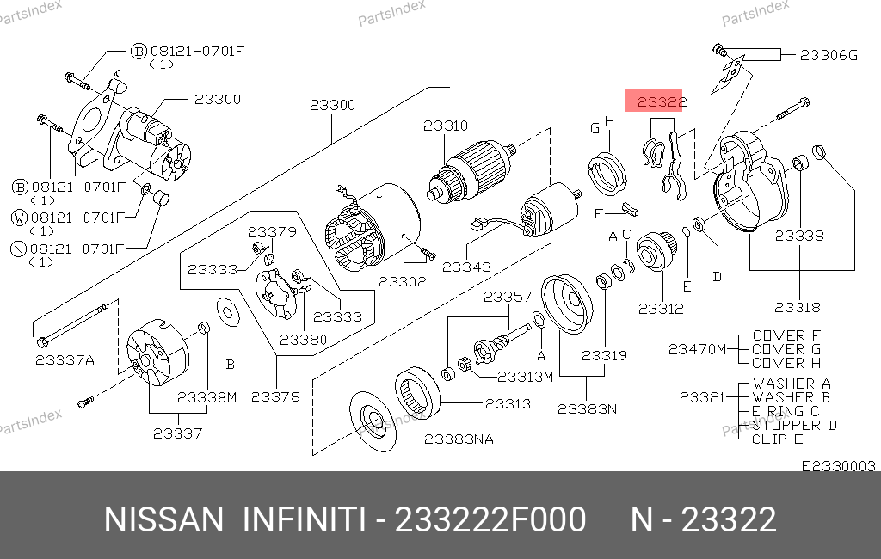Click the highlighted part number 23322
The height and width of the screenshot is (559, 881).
click(662, 101)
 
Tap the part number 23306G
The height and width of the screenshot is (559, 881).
click(829, 55)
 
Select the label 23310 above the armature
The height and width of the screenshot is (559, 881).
click(446, 126)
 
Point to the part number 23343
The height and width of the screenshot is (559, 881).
click(466, 267)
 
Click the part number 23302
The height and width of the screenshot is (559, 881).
click(403, 281)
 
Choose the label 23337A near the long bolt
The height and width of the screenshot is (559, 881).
click(65, 359)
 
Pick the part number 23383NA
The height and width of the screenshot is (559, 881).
click(459, 439)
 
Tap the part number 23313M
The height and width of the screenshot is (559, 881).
click(526, 377)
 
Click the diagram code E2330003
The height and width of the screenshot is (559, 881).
click(838, 466)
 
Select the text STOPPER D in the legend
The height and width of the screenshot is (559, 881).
click(794, 426)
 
